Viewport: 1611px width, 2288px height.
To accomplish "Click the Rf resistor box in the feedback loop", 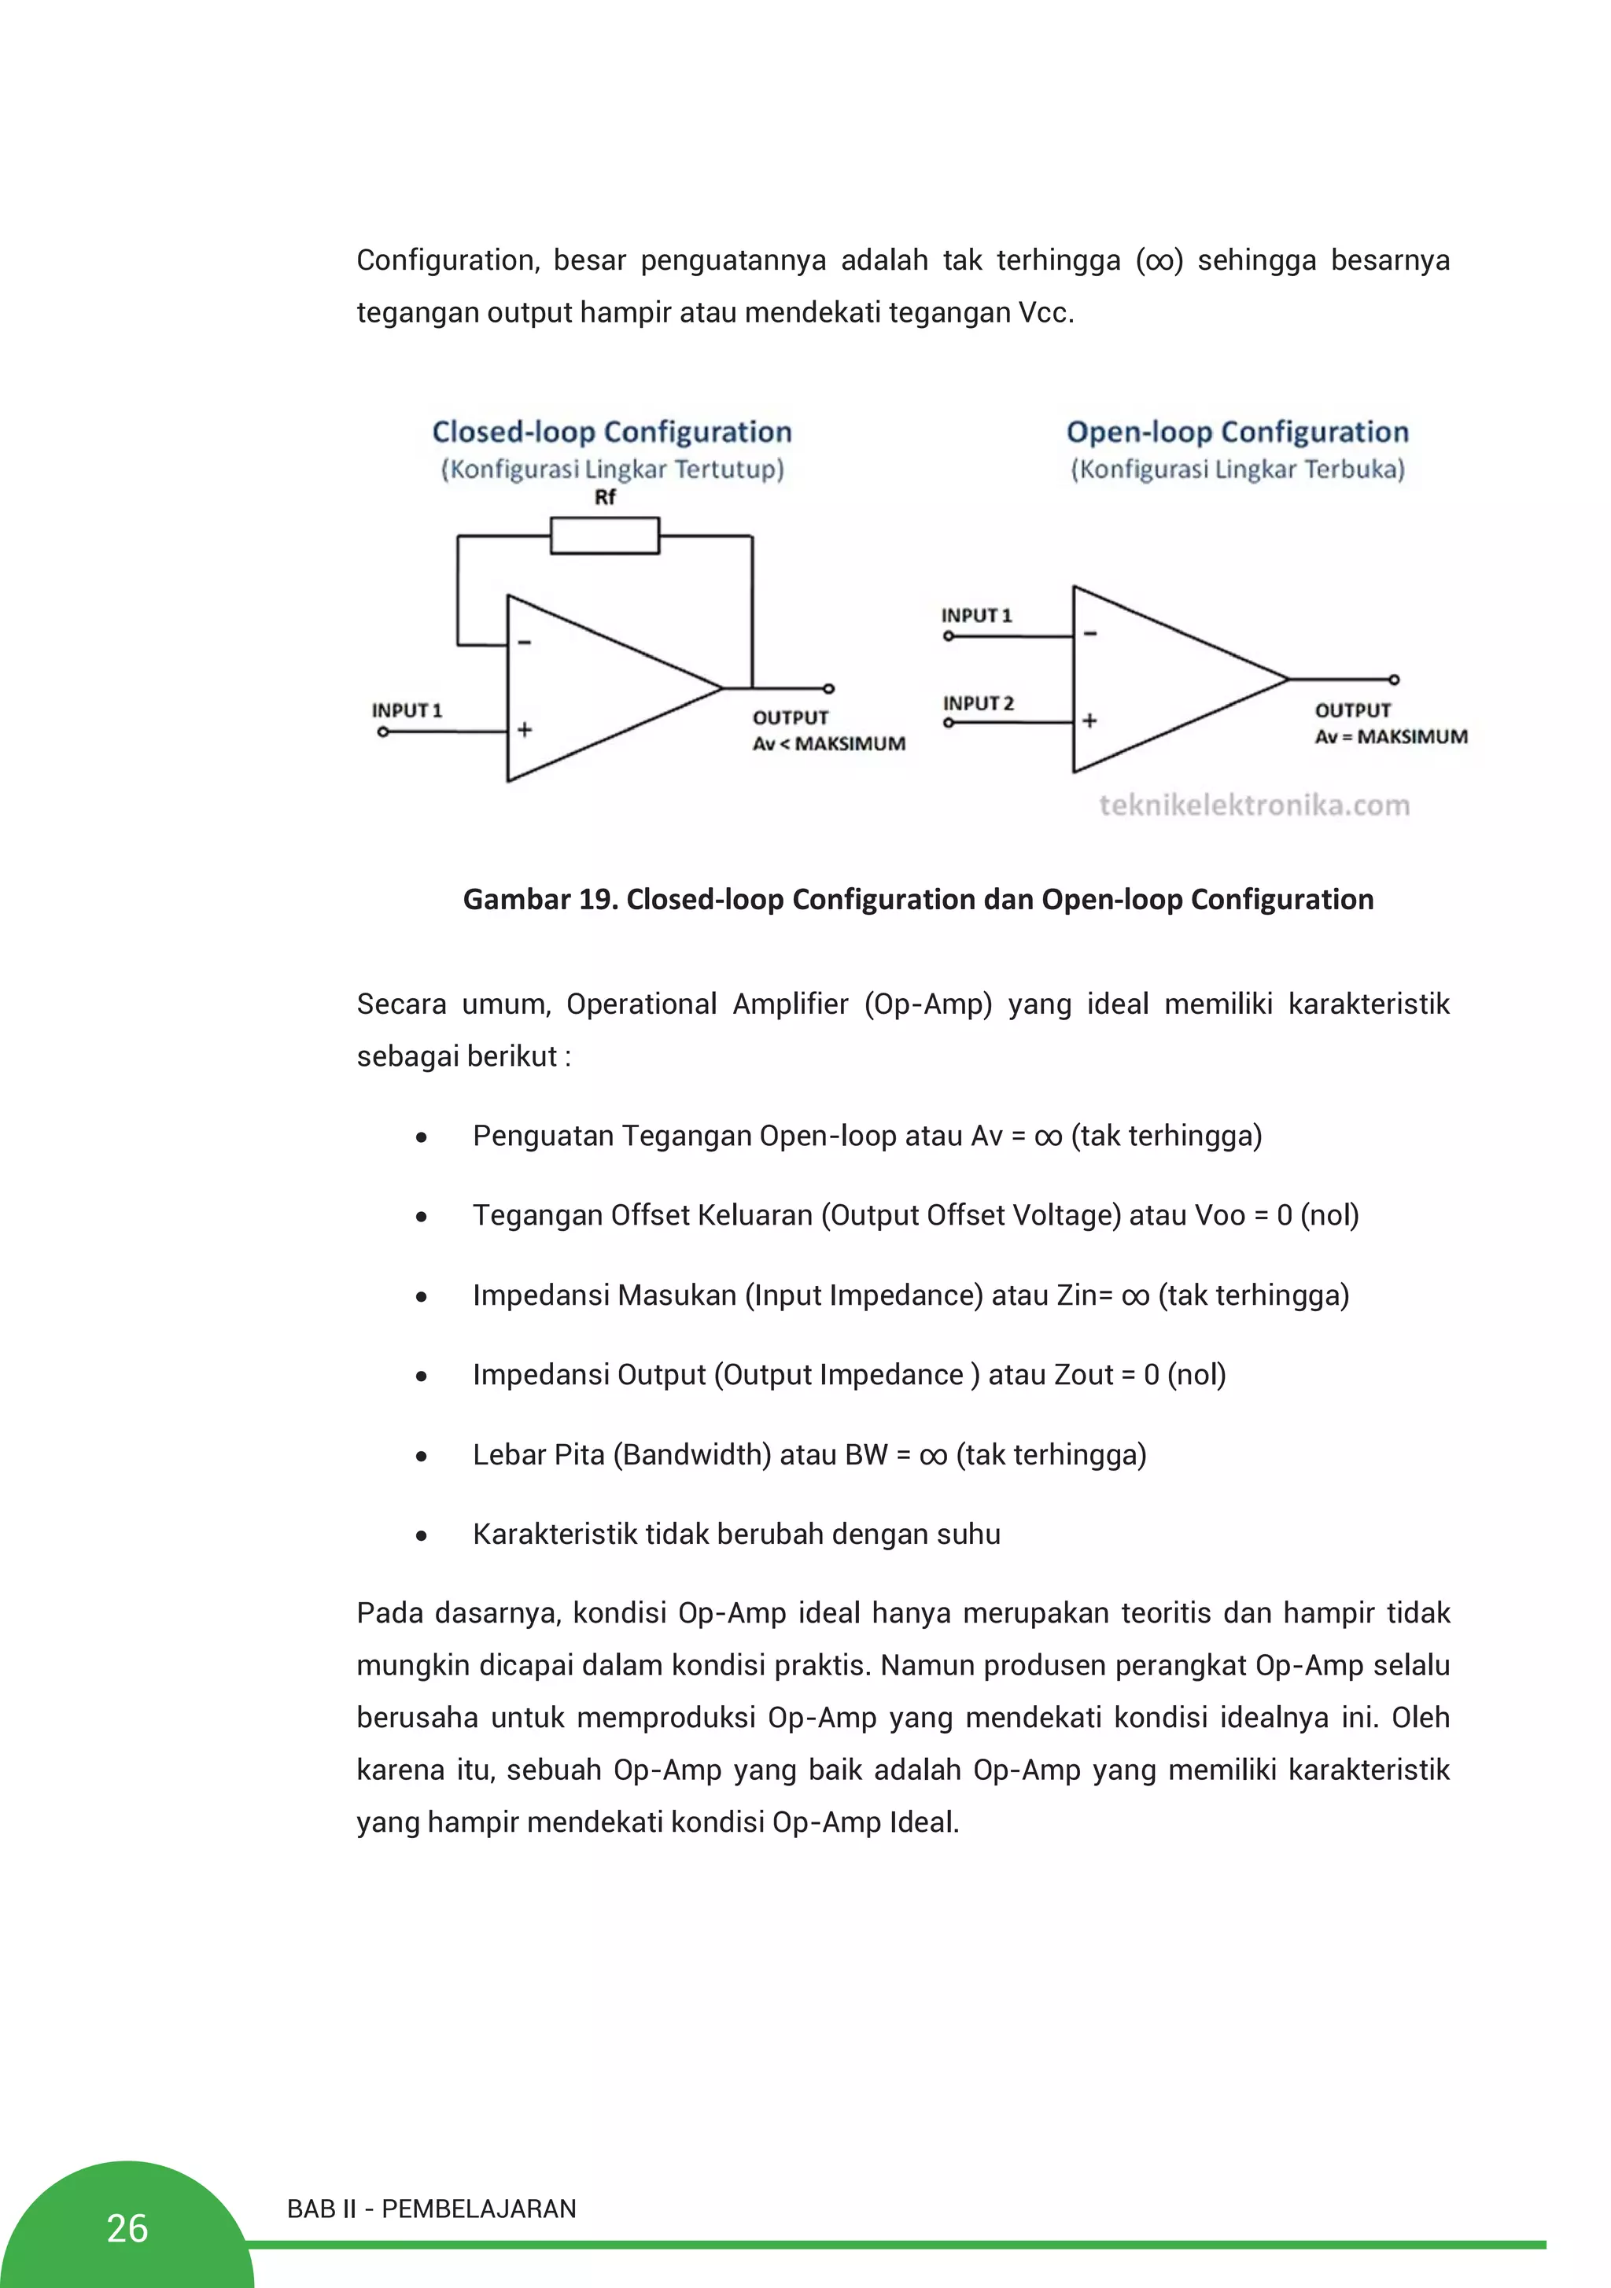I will [604, 535].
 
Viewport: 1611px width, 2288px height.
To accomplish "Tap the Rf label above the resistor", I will [604, 496].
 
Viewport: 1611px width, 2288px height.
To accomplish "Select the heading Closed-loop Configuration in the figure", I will [611, 432].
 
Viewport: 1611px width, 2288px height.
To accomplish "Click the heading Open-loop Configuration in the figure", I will [1237, 432].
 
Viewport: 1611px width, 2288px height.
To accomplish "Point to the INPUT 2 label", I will [978, 702].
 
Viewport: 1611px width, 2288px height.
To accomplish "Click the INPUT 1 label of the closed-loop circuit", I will [406, 709].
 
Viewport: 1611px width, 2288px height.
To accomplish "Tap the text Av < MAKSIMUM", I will [828, 743].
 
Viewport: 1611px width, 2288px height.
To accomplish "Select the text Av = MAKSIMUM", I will [1391, 736].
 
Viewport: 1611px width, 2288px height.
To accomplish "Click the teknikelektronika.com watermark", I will [1254, 805].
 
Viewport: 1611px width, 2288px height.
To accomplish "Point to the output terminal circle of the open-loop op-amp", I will [1394, 680].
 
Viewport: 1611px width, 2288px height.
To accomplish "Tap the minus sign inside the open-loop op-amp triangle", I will [1089, 634].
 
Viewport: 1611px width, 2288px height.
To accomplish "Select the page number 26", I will [127, 2228].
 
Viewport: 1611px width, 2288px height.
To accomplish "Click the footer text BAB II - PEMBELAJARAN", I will [430, 2209].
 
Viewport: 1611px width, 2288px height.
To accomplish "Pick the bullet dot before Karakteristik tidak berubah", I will [422, 1535].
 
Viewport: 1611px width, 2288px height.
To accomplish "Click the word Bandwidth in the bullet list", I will [692, 1455].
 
